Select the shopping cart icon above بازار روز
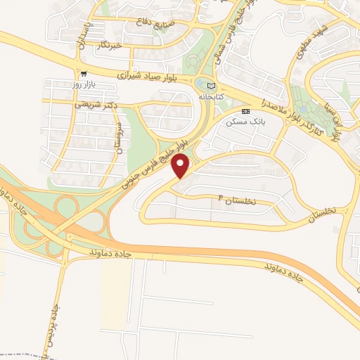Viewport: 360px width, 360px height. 84,73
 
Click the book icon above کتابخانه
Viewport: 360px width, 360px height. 212,86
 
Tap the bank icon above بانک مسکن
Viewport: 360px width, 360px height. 245,111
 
